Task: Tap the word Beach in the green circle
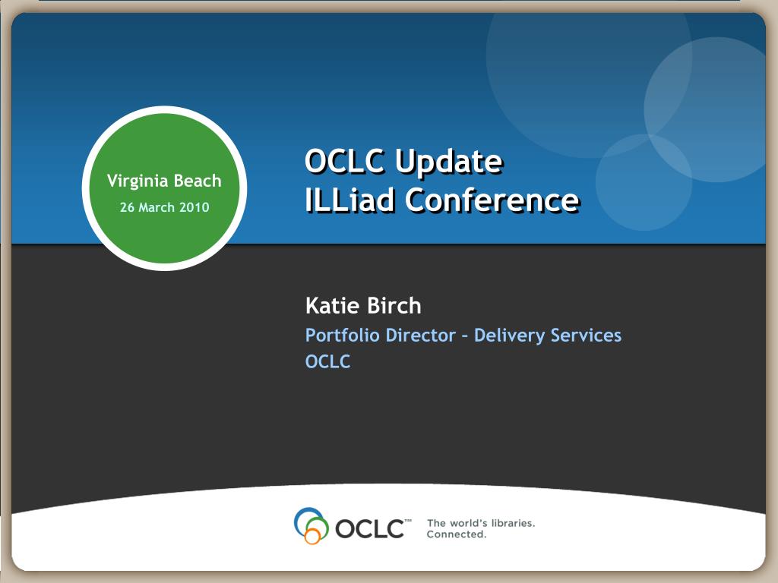[x=198, y=181]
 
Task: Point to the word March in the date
[x=157, y=206]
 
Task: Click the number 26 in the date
[x=127, y=206]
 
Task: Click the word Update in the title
[x=449, y=162]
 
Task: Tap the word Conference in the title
[x=492, y=200]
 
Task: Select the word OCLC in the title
[x=345, y=161]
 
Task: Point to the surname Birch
[x=394, y=305]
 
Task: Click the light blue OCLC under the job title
[x=327, y=361]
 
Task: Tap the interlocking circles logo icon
[x=311, y=525]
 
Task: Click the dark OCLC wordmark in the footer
[x=370, y=528]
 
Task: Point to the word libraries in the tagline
[x=513, y=523]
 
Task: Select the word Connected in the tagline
[x=457, y=534]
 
